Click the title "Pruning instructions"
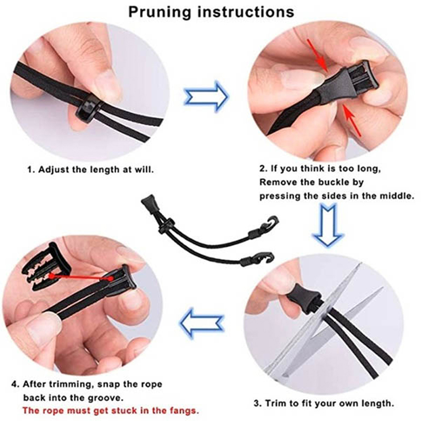[x=211, y=12]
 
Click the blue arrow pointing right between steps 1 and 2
[x=207, y=96]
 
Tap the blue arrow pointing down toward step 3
[x=327, y=225]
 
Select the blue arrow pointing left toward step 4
[x=202, y=324]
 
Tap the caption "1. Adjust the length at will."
[x=91, y=169]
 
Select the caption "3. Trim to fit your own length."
[x=324, y=403]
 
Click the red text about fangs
[x=111, y=410]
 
